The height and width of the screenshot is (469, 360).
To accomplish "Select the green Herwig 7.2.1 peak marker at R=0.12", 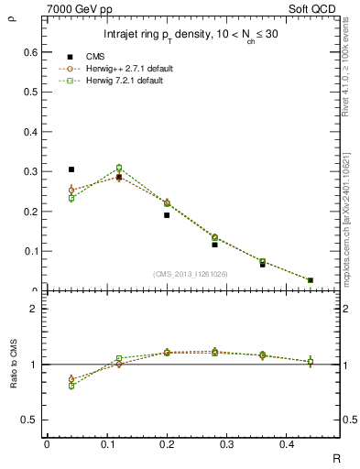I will [119, 168].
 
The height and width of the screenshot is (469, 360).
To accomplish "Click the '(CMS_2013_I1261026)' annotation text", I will [191, 273].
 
